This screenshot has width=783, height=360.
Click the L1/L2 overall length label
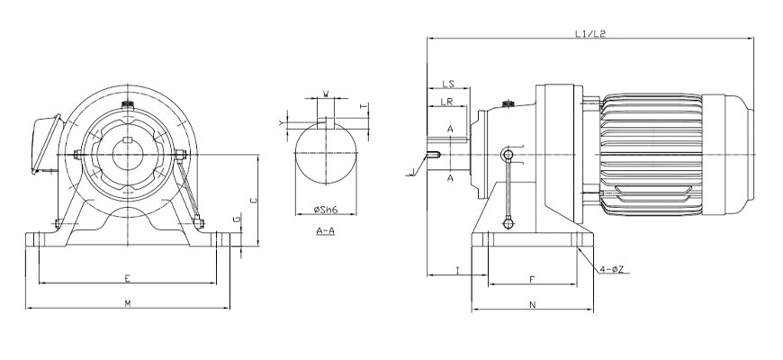point(589,34)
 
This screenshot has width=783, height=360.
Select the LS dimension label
point(447,83)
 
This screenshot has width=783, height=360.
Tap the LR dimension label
point(446,102)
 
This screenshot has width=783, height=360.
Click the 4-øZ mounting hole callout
point(615,268)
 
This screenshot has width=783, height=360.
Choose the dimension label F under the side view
point(532,280)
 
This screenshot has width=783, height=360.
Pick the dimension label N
point(532,305)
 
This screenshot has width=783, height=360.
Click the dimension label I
point(458,269)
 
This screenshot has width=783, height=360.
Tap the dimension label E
point(128,277)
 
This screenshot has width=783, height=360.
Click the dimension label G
point(236,219)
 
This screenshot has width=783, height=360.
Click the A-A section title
point(325,231)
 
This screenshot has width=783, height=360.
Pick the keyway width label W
point(325,92)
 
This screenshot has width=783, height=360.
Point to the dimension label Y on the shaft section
point(282,121)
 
